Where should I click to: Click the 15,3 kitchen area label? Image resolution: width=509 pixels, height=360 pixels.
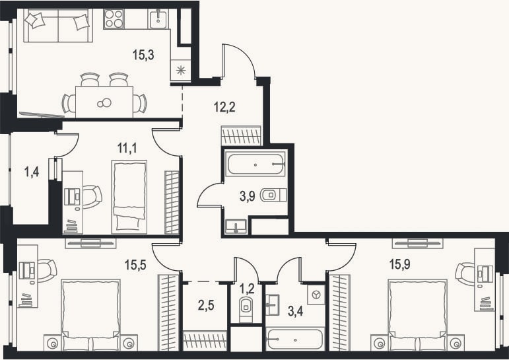tap(143, 55)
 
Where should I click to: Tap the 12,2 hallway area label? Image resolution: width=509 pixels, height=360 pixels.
tap(224, 106)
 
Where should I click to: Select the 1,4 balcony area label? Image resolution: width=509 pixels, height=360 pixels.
tap(32, 171)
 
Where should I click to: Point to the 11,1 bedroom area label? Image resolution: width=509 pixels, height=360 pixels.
tap(127, 148)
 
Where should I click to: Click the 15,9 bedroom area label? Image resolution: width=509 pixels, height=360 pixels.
tap(399, 264)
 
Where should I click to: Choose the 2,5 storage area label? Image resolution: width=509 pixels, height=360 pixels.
tap(206, 305)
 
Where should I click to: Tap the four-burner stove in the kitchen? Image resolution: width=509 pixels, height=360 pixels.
tap(114, 19)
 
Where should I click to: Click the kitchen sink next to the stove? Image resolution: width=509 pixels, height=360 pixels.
tap(158, 19)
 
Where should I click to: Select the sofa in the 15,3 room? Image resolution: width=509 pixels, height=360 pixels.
tap(58, 25)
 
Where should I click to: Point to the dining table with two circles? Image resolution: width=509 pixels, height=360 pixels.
tap(104, 102)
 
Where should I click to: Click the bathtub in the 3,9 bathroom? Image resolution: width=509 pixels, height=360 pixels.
tap(255, 164)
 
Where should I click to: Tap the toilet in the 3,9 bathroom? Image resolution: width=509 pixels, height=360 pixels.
tap(273, 195)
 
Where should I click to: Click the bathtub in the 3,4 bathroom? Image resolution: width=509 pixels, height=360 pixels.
tap(295, 340)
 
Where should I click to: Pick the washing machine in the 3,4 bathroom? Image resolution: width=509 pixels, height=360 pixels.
tap(316, 295)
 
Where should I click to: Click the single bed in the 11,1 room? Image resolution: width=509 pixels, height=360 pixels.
tap(129, 197)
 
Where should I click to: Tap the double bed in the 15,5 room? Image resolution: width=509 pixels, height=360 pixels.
tap(90, 314)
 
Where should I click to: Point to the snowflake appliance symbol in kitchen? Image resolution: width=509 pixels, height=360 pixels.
tap(180, 69)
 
